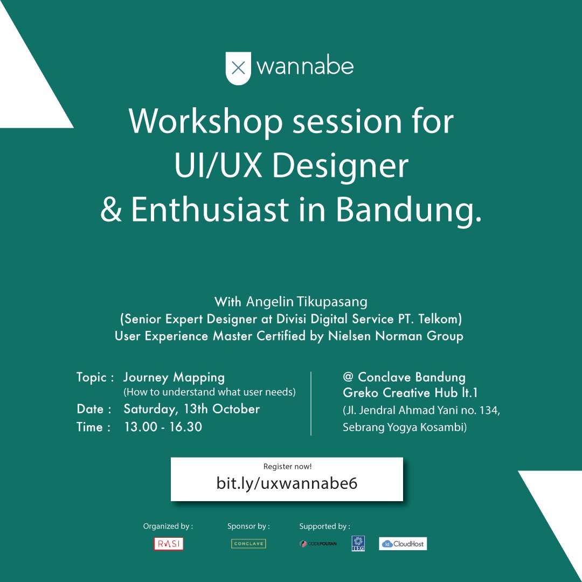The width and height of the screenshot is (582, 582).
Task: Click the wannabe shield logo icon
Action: pyautogui.click(x=238, y=68)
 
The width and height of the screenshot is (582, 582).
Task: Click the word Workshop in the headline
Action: pyautogui.click(x=206, y=121)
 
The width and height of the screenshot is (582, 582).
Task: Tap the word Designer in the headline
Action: pyautogui.click(x=341, y=166)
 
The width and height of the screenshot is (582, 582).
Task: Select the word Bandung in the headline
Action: pyautogui.click(x=408, y=209)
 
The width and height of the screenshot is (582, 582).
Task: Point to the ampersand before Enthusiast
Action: pyautogui.click(x=112, y=210)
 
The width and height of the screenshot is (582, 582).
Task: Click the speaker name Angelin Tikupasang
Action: pyautogui.click(x=307, y=301)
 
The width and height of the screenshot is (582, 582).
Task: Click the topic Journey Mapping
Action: pyautogui.click(x=174, y=377)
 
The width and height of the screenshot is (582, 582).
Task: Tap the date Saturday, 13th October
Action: pyautogui.click(x=191, y=409)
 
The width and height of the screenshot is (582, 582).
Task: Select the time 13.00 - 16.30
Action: pyautogui.click(x=163, y=427)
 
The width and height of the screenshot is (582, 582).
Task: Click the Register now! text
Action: pyautogui.click(x=287, y=466)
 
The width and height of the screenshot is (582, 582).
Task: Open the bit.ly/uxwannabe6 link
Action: pyautogui.click(x=287, y=483)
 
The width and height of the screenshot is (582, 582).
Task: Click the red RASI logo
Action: pyautogui.click(x=169, y=544)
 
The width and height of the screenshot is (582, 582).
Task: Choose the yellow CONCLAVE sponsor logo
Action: pyautogui.click(x=248, y=544)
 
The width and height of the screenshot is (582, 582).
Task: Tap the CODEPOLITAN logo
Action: pyautogui.click(x=318, y=544)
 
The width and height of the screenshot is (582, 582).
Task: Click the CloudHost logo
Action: pyautogui.click(x=403, y=544)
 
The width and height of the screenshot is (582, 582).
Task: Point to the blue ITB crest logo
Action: pyautogui.click(x=358, y=544)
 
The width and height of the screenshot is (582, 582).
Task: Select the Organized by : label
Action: pyautogui.click(x=168, y=526)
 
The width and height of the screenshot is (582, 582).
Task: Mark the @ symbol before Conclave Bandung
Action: pyautogui.click(x=348, y=377)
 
